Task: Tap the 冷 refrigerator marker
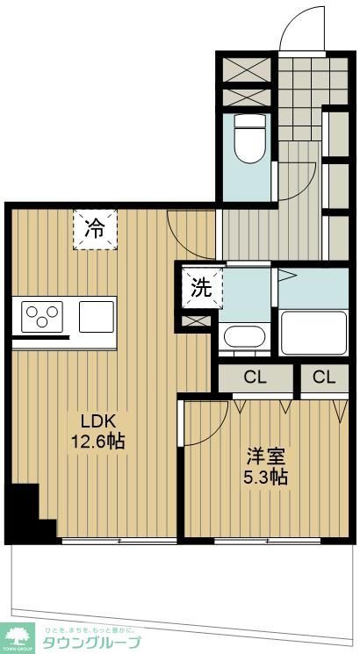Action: [x=94, y=229]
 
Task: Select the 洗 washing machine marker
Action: [x=201, y=288]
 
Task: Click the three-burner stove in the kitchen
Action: [x=42, y=315]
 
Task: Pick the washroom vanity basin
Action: [x=245, y=336]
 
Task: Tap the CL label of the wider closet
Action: [x=255, y=378]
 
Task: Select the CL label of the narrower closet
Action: [x=323, y=378]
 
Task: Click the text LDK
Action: [x=94, y=419]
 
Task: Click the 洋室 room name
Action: [x=266, y=456]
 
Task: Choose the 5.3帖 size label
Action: [x=266, y=478]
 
